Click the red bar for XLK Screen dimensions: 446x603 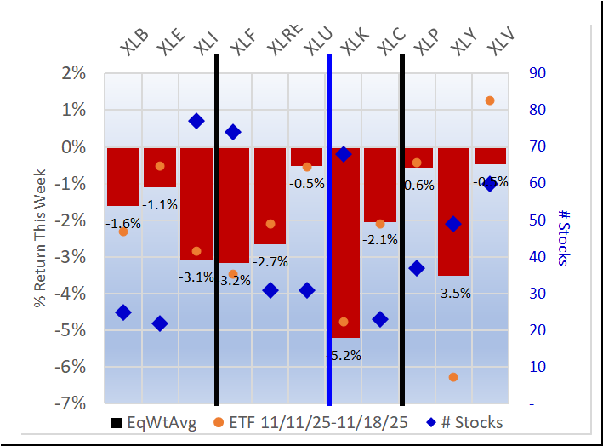click(x=344, y=243)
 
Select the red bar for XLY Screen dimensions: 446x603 click(x=453, y=211)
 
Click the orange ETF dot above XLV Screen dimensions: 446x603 click(x=490, y=100)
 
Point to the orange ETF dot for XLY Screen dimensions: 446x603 click(x=453, y=377)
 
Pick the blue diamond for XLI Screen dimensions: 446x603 click(x=196, y=121)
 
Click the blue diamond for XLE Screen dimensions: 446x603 click(x=160, y=323)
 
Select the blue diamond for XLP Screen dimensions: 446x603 click(x=417, y=268)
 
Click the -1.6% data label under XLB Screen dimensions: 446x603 click(x=123, y=223)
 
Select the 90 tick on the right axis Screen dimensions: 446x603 click(x=538, y=73)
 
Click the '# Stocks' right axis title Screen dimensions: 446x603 click(x=565, y=237)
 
